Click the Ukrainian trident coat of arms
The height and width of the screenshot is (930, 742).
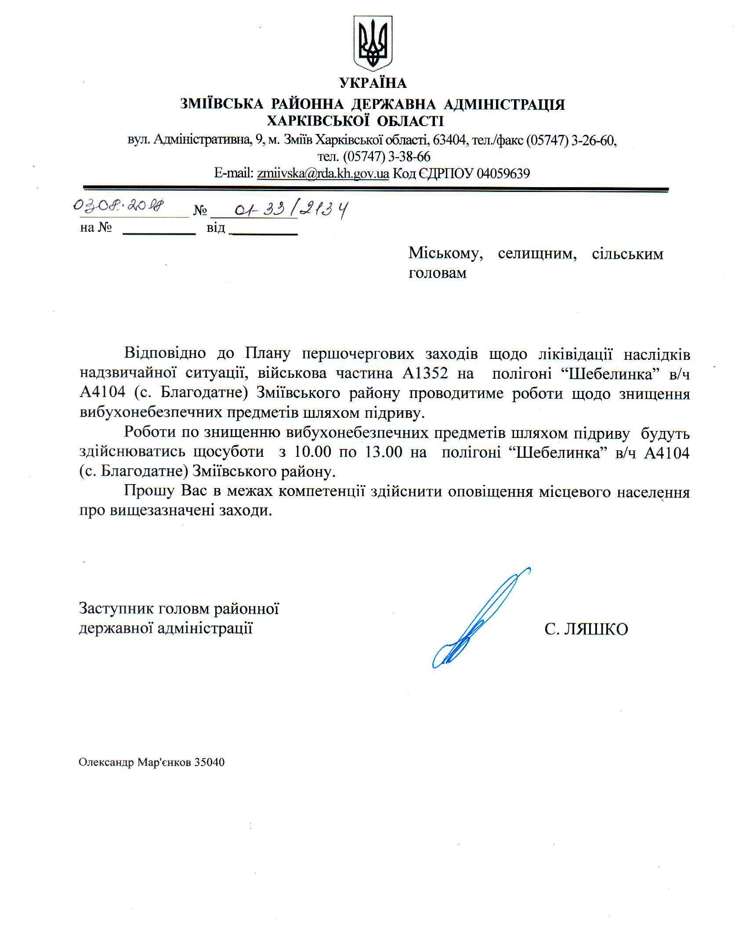[x=373, y=43]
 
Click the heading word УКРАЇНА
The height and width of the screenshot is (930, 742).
[x=373, y=83]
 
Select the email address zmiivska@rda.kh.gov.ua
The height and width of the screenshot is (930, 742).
[x=323, y=174]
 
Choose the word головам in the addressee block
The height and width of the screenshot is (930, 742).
[x=438, y=273]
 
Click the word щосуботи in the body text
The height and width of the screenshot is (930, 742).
[x=228, y=452]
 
